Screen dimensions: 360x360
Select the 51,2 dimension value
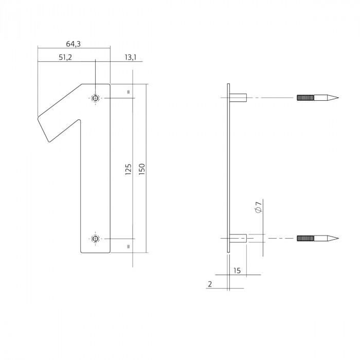click(65, 58)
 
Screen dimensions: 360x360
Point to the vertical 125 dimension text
click(129, 169)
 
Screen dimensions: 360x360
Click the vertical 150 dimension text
click(142, 169)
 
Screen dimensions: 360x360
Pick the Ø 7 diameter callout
click(259, 208)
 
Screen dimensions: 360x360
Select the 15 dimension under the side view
click(237, 270)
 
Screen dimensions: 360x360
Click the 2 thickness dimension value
click(210, 284)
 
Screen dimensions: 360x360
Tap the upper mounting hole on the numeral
click(95, 97)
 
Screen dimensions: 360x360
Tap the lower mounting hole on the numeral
click(95, 238)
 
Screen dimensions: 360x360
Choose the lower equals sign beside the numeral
click(128, 246)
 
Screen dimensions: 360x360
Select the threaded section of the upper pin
click(306, 97)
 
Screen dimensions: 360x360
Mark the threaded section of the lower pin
click(306, 238)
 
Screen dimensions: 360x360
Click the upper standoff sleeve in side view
click(239, 97)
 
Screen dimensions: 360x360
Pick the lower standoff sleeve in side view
click(239, 238)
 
